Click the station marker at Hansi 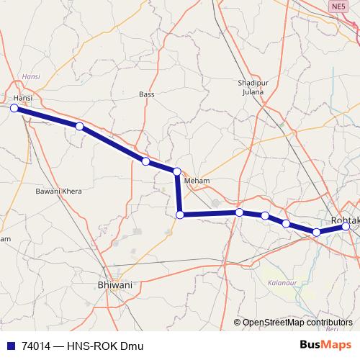[14, 108]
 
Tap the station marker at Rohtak [346, 227]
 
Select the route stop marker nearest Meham [176, 171]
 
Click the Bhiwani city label [114, 285]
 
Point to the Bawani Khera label [59, 192]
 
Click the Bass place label [147, 94]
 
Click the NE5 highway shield [338, 6]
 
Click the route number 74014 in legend [37, 346]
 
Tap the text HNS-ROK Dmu [110, 346]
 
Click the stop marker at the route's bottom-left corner [181, 215]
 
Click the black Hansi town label [24, 97]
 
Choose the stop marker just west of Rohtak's [317, 232]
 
